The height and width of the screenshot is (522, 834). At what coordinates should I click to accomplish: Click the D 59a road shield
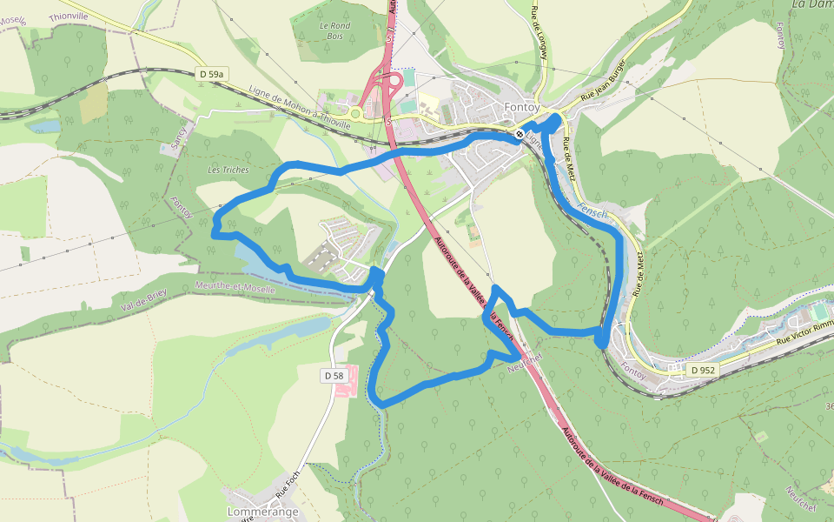click(211, 75)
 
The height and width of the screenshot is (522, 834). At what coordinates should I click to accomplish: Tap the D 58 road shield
click(334, 375)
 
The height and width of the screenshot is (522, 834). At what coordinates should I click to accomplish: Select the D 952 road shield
click(703, 370)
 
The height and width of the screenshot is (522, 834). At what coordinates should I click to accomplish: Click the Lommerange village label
click(262, 512)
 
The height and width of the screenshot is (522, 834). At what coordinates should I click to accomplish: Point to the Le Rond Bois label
click(334, 30)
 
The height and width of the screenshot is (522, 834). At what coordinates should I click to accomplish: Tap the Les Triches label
click(228, 170)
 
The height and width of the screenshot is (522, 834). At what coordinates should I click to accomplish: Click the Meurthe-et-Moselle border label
click(235, 286)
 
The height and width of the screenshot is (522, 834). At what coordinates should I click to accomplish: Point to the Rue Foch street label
click(287, 484)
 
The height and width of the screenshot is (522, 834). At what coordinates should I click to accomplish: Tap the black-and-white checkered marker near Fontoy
click(519, 135)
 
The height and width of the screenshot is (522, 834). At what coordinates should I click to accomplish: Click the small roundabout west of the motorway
click(354, 112)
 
